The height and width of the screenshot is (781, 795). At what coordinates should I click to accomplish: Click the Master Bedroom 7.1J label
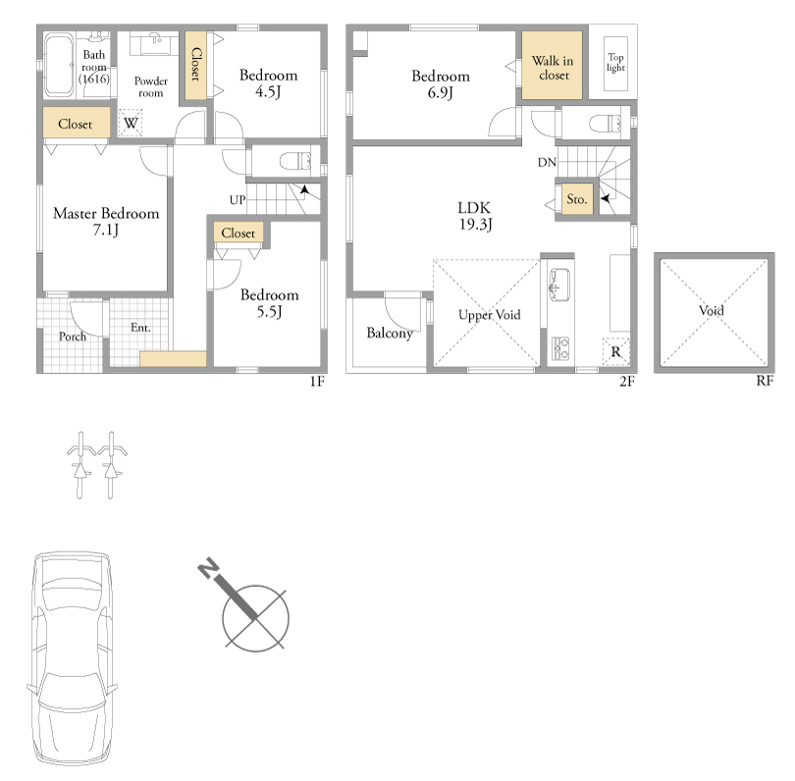point(106,221)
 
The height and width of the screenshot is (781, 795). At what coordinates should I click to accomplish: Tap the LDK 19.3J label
point(475,216)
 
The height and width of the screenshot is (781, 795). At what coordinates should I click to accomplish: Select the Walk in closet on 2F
point(553,65)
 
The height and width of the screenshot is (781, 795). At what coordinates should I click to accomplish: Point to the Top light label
point(615,63)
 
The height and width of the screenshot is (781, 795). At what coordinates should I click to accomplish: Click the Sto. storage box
point(577,198)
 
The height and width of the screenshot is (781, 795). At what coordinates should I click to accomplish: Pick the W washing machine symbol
point(131,123)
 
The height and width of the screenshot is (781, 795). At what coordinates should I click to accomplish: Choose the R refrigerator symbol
point(615,351)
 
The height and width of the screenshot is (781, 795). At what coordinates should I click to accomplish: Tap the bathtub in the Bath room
point(59,65)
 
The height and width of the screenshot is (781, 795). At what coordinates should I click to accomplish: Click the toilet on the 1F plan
point(295,161)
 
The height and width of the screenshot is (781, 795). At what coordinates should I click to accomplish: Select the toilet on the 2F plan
point(605,124)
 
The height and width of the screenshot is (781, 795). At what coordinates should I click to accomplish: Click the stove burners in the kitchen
point(560,348)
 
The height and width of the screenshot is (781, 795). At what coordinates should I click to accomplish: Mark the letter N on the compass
point(208,568)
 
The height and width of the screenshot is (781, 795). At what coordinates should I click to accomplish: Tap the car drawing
point(72,658)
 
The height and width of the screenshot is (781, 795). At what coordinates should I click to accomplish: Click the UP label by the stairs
point(238,200)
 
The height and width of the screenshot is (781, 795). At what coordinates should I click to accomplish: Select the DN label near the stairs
point(547,162)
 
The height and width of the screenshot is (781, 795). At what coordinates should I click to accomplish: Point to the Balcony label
point(390,333)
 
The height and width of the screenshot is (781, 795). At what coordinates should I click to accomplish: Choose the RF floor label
point(765,381)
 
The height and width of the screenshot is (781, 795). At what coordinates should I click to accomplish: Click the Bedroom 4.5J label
point(268,83)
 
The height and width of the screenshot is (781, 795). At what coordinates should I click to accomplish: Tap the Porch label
point(73,336)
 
